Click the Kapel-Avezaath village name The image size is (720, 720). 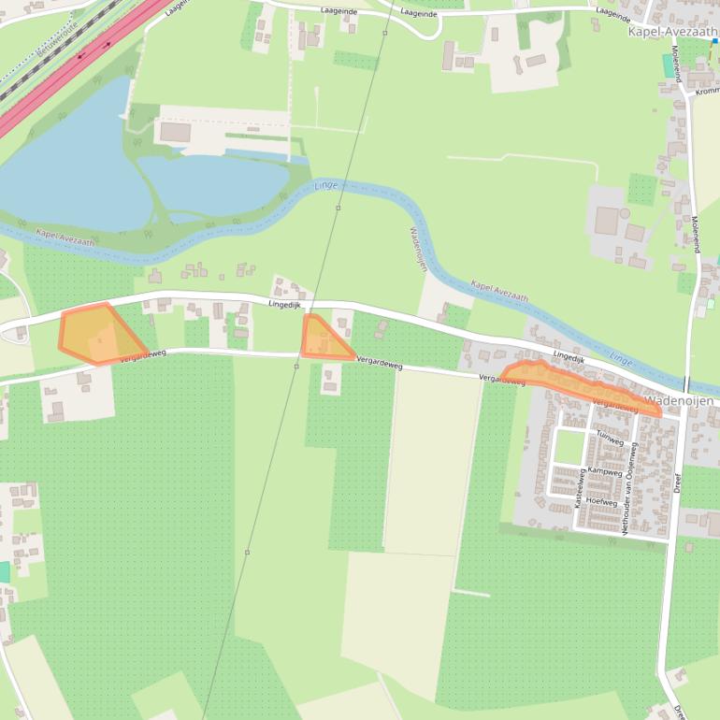[x=671, y=31]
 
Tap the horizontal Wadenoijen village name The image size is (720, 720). [x=679, y=401]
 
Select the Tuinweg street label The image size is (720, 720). [x=609, y=438]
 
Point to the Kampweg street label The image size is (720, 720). [x=604, y=473]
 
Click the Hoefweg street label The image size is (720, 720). [x=601, y=502]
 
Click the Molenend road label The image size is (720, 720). [x=695, y=235]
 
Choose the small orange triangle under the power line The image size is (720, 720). [x=322, y=339]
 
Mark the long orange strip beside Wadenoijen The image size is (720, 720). [x=580, y=385]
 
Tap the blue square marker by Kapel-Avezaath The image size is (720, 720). [x=715, y=41]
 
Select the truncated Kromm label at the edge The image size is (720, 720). [x=706, y=92]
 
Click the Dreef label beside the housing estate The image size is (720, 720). [x=678, y=482]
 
